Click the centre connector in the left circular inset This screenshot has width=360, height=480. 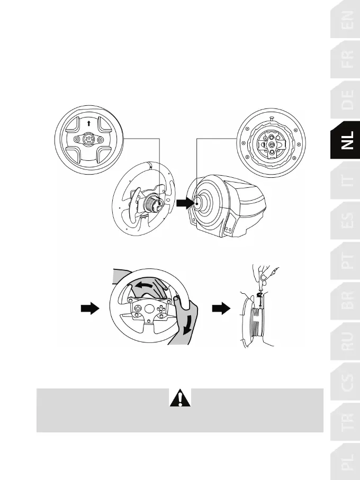click(x=88, y=141)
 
